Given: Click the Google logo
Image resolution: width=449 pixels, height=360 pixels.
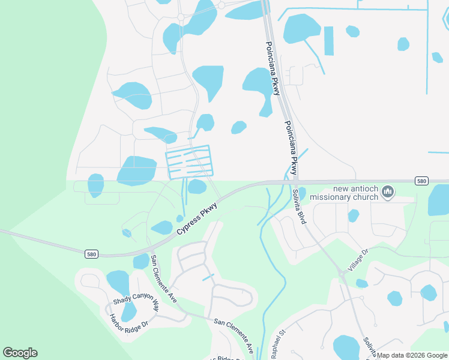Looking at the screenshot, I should (x=20, y=353).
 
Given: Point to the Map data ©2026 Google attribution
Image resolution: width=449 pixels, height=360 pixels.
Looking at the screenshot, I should (x=412, y=355).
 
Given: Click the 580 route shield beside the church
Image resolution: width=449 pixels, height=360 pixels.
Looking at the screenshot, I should (x=421, y=181).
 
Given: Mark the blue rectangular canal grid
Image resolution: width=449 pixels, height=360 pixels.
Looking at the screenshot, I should (x=188, y=161).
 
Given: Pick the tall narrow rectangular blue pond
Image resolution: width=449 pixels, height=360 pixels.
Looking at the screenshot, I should (x=328, y=41).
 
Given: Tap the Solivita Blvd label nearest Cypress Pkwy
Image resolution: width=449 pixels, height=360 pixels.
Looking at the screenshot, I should (x=299, y=207).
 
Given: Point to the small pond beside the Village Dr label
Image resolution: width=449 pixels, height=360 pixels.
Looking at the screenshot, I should (x=362, y=283).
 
